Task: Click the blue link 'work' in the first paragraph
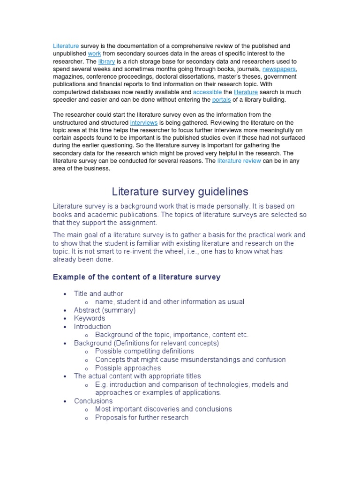pyautogui.click(x=94, y=54)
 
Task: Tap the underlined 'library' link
pyautogui.click(x=106, y=61)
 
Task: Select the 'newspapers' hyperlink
pyautogui.click(x=279, y=69)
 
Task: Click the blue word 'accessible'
pyautogui.click(x=207, y=92)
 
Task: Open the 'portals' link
pyautogui.click(x=221, y=100)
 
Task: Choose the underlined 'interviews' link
pyautogui.click(x=143, y=122)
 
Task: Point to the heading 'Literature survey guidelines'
pyautogui.click(x=180, y=192)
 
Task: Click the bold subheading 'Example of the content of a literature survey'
pyautogui.click(x=136, y=277)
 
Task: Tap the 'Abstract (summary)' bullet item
pyautogui.click(x=105, y=310)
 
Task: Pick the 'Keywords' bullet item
pyautogui.click(x=90, y=318)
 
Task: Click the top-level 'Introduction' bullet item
pyautogui.click(x=92, y=326)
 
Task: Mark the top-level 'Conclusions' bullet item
pyautogui.click(x=93, y=401)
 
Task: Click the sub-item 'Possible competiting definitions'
pyautogui.click(x=144, y=351)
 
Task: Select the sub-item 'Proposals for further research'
pyautogui.click(x=142, y=417)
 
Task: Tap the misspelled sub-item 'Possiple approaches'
pyautogui.click(x=127, y=368)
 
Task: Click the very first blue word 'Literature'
pyautogui.click(x=66, y=46)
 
